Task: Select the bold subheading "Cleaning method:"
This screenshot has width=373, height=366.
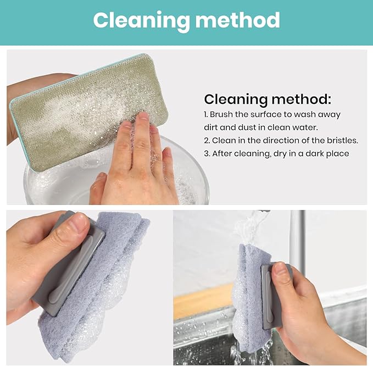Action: (x=268, y=99)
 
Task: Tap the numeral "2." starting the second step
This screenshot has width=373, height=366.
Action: (x=207, y=140)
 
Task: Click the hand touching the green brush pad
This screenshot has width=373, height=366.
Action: (x=137, y=165)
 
